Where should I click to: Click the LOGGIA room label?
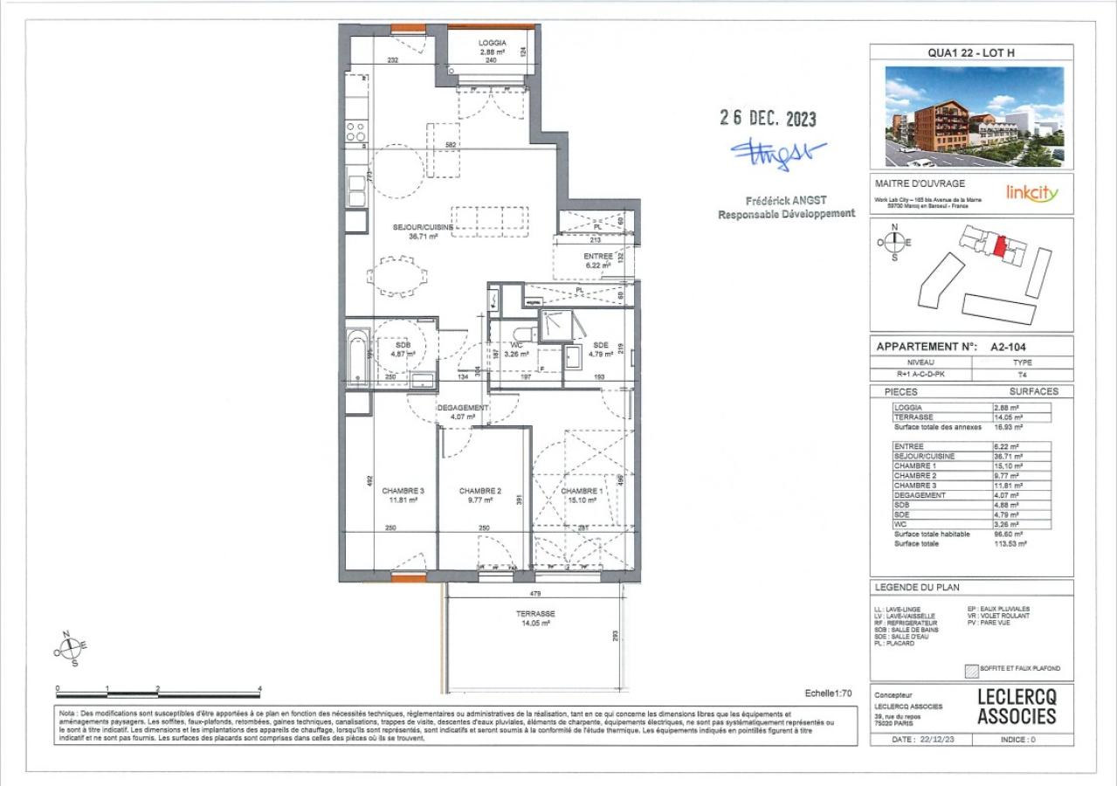pos(493,43)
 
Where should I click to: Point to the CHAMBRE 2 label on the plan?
pos(480,491)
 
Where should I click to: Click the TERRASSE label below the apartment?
pos(535,614)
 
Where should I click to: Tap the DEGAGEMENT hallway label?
pos(463,408)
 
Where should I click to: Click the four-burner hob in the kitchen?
pos(355,132)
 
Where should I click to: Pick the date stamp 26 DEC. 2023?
pos(768,119)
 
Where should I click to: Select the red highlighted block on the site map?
pos(999,245)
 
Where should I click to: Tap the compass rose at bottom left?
pos(70,648)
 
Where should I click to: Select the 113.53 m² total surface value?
pos(1010,543)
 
